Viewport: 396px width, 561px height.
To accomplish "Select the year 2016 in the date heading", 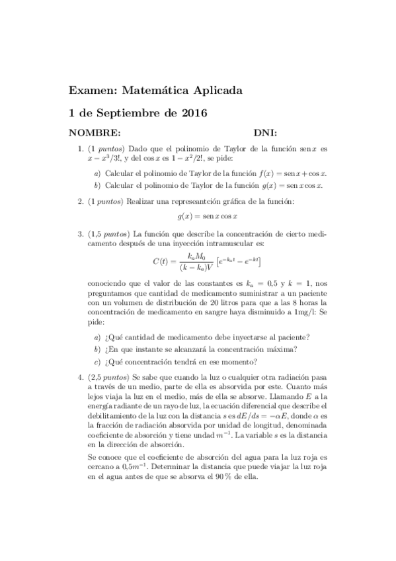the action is click(x=194, y=113).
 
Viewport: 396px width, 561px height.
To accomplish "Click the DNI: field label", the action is click(x=264, y=132).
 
